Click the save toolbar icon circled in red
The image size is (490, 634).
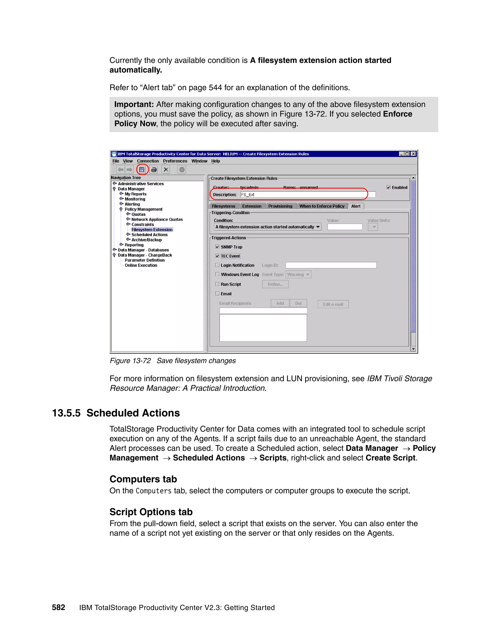click(142, 170)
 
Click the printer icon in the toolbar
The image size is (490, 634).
click(154, 170)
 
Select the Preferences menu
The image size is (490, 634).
click(175, 161)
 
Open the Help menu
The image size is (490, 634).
click(215, 161)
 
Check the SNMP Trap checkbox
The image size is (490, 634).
click(217, 247)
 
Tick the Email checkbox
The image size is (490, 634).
click(217, 294)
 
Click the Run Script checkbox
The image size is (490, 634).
click(217, 284)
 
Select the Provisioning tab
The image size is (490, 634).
click(280, 206)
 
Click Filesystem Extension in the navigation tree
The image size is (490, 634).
click(152, 230)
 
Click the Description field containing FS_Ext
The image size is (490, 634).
click(308, 195)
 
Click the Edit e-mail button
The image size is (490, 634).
click(333, 304)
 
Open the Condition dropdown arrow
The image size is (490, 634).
click(318, 227)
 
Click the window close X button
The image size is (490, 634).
click(413, 154)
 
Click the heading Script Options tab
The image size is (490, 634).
click(151, 512)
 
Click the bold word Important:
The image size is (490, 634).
click(134, 105)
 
